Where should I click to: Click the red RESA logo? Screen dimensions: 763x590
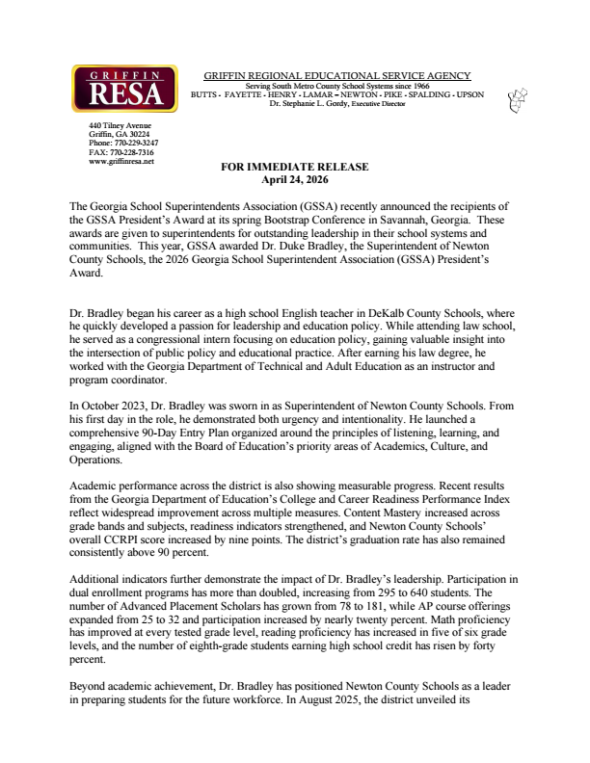(124, 89)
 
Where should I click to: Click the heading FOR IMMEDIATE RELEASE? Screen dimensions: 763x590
(295, 167)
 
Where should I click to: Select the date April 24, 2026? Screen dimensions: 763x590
(295, 178)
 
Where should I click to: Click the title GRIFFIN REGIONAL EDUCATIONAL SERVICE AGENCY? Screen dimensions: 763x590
(337, 75)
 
